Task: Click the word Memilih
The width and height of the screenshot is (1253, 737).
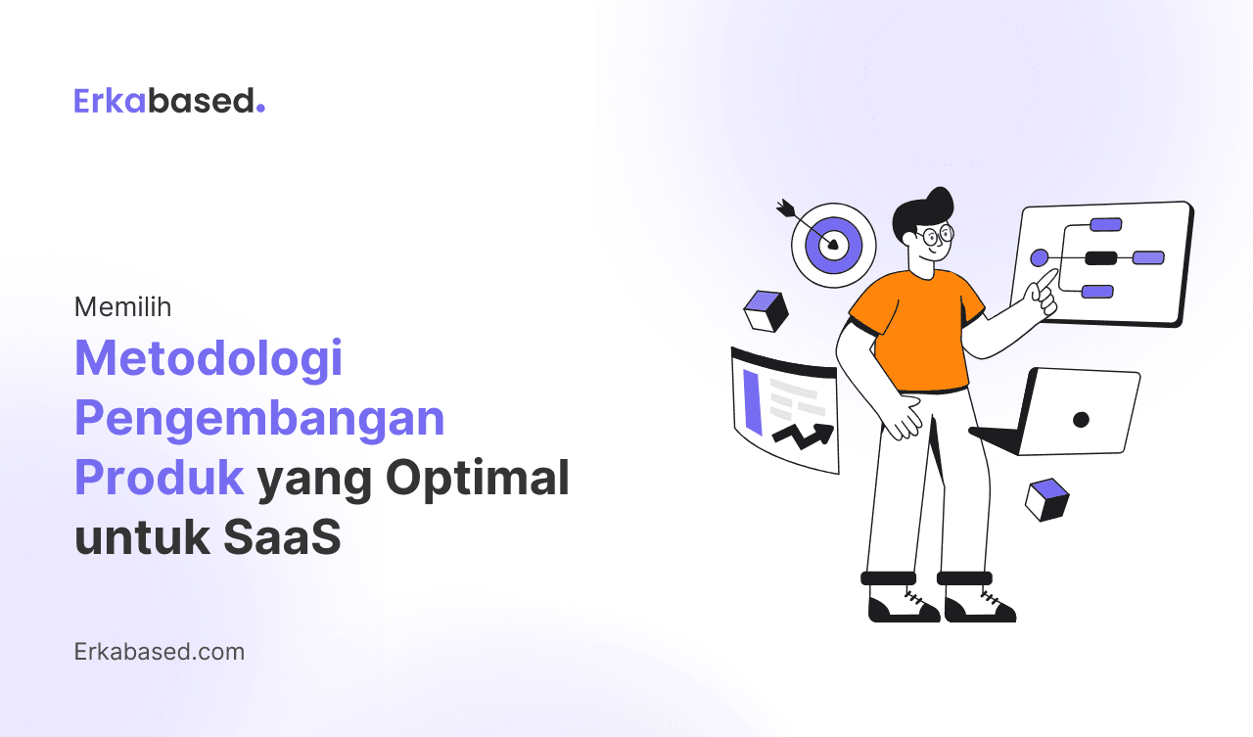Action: pos(122,307)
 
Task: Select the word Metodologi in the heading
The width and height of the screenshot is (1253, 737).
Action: pos(209,358)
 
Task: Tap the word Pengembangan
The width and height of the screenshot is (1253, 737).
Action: pos(259,418)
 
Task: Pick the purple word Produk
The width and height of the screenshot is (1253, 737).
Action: pos(159,478)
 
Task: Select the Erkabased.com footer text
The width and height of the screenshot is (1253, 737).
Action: pos(159,651)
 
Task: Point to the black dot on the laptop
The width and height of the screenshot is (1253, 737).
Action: pos(1081,419)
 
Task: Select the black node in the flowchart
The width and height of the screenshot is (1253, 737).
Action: pos(1100,258)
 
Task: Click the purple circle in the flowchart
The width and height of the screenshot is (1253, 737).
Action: pos(1040,257)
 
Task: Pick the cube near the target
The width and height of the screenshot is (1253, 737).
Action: pos(766,311)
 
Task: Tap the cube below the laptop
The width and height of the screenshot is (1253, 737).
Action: pos(1046,499)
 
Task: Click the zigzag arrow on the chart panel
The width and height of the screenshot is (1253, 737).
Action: pos(803,433)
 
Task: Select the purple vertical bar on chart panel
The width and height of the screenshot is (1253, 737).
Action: pos(752,401)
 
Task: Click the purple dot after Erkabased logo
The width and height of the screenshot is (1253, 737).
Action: pos(260,110)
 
